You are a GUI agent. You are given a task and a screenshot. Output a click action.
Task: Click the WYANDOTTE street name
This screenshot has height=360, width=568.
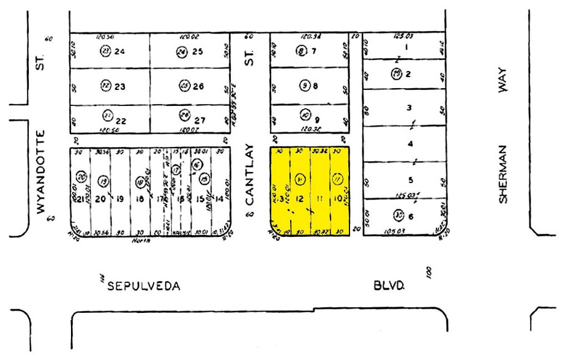(42, 171)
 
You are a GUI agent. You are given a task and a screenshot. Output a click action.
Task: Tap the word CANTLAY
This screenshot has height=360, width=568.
(250, 174)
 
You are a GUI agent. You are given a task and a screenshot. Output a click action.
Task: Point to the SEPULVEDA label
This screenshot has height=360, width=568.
(144, 286)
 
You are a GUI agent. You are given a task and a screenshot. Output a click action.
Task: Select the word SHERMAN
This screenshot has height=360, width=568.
(503, 174)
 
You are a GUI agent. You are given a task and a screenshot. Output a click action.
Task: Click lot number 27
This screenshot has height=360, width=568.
(198, 116)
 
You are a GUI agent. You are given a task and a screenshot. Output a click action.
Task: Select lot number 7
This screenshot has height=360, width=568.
(314, 51)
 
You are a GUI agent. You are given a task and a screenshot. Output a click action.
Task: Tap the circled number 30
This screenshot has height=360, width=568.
(398, 215)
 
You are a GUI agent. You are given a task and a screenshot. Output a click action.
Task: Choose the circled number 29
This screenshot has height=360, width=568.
(397, 74)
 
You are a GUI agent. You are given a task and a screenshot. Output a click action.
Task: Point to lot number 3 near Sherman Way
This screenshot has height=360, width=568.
(409, 108)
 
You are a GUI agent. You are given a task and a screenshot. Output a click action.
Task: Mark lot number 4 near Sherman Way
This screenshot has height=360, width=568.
(410, 144)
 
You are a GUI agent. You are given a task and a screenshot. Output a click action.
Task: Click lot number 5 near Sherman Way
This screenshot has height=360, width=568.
(411, 180)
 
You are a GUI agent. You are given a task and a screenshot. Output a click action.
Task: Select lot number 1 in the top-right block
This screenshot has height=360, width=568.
(405, 47)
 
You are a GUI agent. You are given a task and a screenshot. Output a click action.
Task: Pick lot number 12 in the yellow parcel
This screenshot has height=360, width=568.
(300, 199)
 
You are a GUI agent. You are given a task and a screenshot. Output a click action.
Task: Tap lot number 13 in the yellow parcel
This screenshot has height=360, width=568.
(280, 199)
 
